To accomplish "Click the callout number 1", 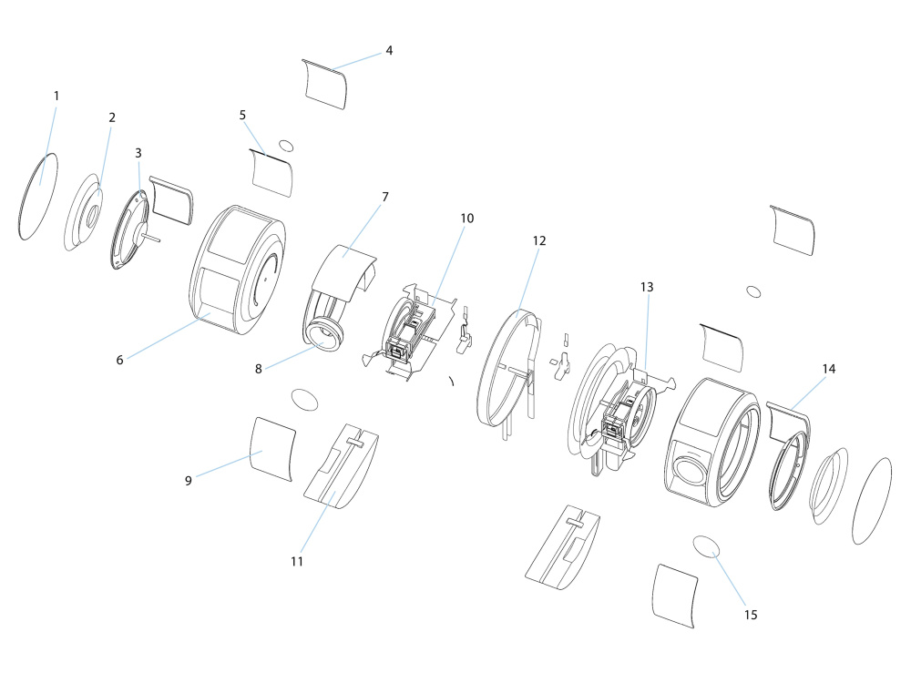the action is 56,96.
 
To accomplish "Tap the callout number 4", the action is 389,50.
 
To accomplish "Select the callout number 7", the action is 385,197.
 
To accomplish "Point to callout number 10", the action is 467,219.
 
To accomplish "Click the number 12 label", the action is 539,240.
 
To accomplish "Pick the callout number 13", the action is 647,287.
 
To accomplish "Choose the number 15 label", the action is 751,615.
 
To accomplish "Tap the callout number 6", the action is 119,360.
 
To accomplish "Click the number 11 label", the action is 297,562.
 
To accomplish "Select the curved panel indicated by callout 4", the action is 325,84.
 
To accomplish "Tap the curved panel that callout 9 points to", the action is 272,449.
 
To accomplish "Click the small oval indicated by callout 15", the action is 706,546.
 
